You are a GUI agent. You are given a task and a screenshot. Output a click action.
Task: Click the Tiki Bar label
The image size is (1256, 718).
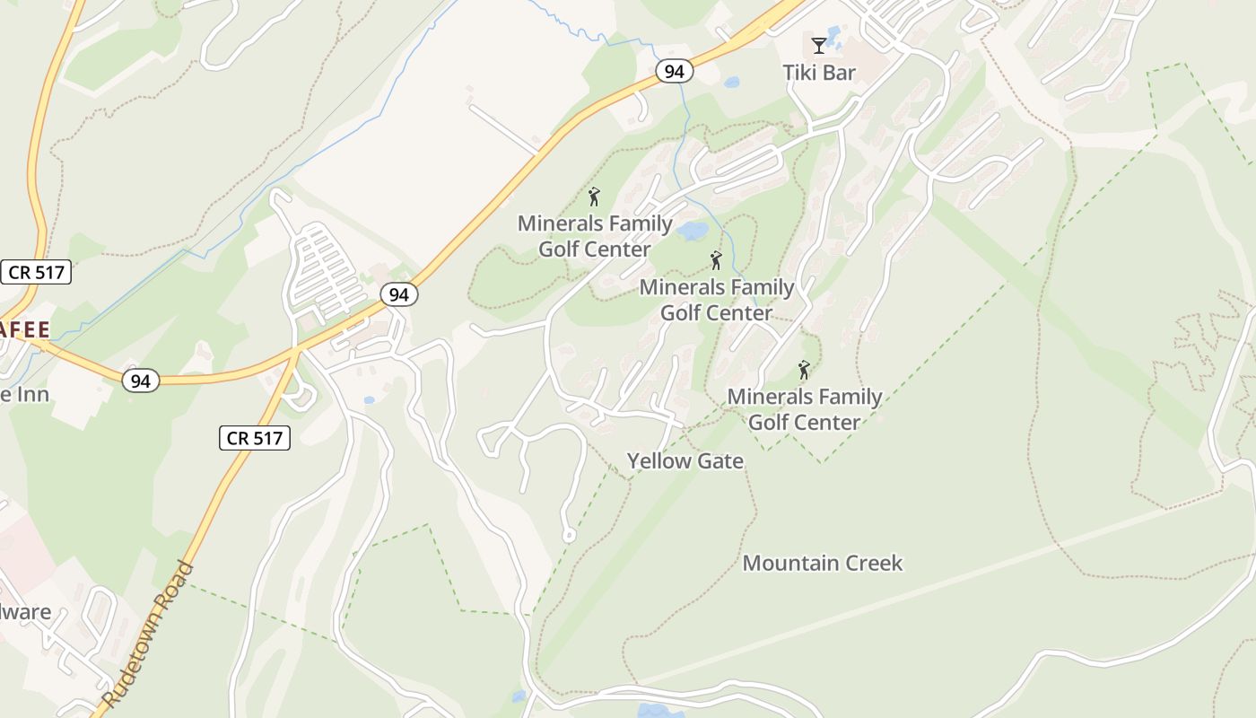[819, 73]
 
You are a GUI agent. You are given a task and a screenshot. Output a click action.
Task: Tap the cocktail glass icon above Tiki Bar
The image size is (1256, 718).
[819, 45]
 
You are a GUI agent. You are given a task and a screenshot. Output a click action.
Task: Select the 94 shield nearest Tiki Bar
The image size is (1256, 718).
[674, 71]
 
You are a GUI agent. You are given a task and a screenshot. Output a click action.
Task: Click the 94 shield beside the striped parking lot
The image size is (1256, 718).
[398, 293]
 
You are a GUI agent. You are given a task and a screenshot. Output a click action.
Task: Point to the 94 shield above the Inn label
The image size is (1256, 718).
[141, 381]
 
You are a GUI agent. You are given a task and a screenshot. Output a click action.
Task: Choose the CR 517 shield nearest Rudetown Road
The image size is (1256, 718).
[255, 438]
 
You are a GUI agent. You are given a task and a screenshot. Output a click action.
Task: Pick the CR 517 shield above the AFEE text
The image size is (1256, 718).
[36, 272]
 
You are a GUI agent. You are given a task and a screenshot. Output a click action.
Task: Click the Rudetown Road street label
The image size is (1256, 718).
[148, 634]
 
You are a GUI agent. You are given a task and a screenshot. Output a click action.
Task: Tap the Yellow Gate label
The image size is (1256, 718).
[685, 461]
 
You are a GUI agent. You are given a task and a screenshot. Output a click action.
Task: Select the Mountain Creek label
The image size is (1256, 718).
[823, 564]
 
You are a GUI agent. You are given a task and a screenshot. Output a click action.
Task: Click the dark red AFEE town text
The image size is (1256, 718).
[25, 329]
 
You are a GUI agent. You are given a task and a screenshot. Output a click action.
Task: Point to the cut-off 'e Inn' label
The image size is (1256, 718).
[24, 394]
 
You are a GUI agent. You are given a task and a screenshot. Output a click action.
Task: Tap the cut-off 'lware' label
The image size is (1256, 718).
[25, 613]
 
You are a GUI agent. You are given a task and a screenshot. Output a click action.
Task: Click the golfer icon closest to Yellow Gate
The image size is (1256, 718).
[804, 370]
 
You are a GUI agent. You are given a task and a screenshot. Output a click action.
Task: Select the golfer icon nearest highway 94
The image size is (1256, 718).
[594, 197]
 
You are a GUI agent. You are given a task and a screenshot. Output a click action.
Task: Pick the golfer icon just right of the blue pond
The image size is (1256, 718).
[716, 260]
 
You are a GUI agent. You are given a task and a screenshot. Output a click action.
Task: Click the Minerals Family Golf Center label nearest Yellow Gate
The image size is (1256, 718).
[804, 409]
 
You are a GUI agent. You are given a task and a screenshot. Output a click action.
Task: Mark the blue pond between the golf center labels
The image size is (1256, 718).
[693, 232]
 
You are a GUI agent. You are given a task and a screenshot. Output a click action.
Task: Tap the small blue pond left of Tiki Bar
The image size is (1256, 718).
[732, 82]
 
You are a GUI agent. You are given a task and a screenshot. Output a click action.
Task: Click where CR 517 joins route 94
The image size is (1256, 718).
[296, 351]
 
